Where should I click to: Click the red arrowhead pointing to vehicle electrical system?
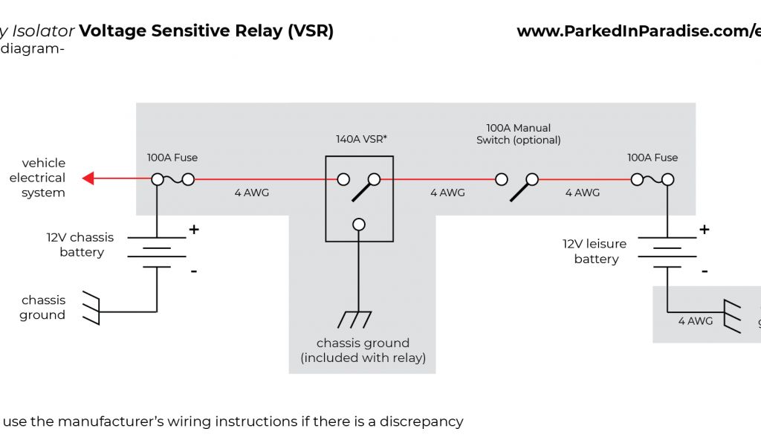pyautogui.click(x=88, y=178)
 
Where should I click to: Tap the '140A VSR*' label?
pyautogui.click(x=362, y=138)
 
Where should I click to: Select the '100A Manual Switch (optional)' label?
pyautogui.click(x=519, y=134)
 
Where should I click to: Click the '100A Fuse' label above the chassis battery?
pyautogui.click(x=172, y=158)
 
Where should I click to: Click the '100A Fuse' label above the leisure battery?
pyautogui.click(x=652, y=158)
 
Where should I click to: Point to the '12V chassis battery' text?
pyautogui.click(x=81, y=245)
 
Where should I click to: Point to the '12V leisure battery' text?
pyautogui.click(x=595, y=251)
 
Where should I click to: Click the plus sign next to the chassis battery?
pyautogui.click(x=194, y=230)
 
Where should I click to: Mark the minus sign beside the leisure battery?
pyautogui.click(x=704, y=271)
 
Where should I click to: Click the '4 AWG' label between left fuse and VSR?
pyautogui.click(x=252, y=193)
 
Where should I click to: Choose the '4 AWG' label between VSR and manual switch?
pyautogui.click(x=447, y=193)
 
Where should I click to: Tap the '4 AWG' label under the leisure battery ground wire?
pyautogui.click(x=696, y=321)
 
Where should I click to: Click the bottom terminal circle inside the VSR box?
pyautogui.click(x=359, y=224)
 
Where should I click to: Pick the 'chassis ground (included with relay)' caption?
pyautogui.click(x=363, y=350)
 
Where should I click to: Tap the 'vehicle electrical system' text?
pyautogui.click(x=38, y=178)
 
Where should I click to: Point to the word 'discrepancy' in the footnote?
pyautogui.click(x=421, y=421)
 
